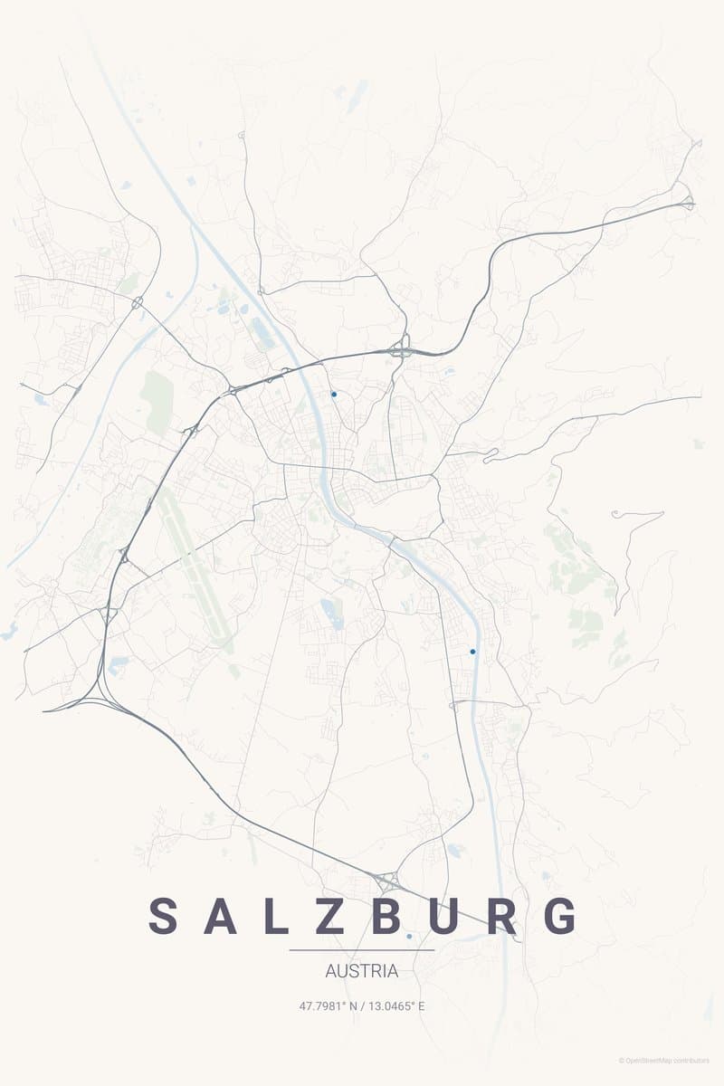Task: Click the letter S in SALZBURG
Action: pyautogui.click(x=164, y=916)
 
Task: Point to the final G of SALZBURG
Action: pyautogui.click(x=561, y=916)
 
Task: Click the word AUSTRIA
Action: pyautogui.click(x=361, y=971)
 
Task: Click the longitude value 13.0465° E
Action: pyautogui.click(x=395, y=1005)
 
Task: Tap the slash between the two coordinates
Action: pyautogui.click(x=362, y=1005)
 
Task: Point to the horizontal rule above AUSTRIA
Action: pyautogui.click(x=362, y=950)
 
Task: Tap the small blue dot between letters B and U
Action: pyautogui.click(x=409, y=936)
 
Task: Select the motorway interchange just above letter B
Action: pyautogui.click(x=387, y=879)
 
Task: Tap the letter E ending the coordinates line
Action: pyautogui.click(x=421, y=1005)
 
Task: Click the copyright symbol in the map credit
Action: pyautogui.click(x=622, y=1061)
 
